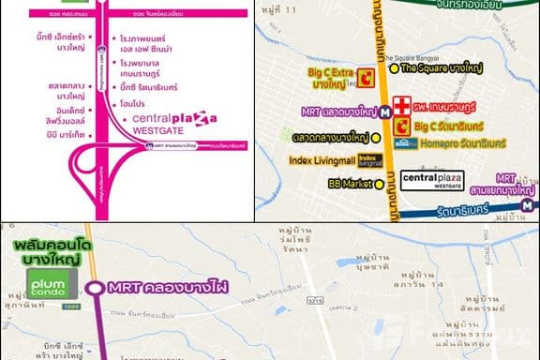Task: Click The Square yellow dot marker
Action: [394, 68]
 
